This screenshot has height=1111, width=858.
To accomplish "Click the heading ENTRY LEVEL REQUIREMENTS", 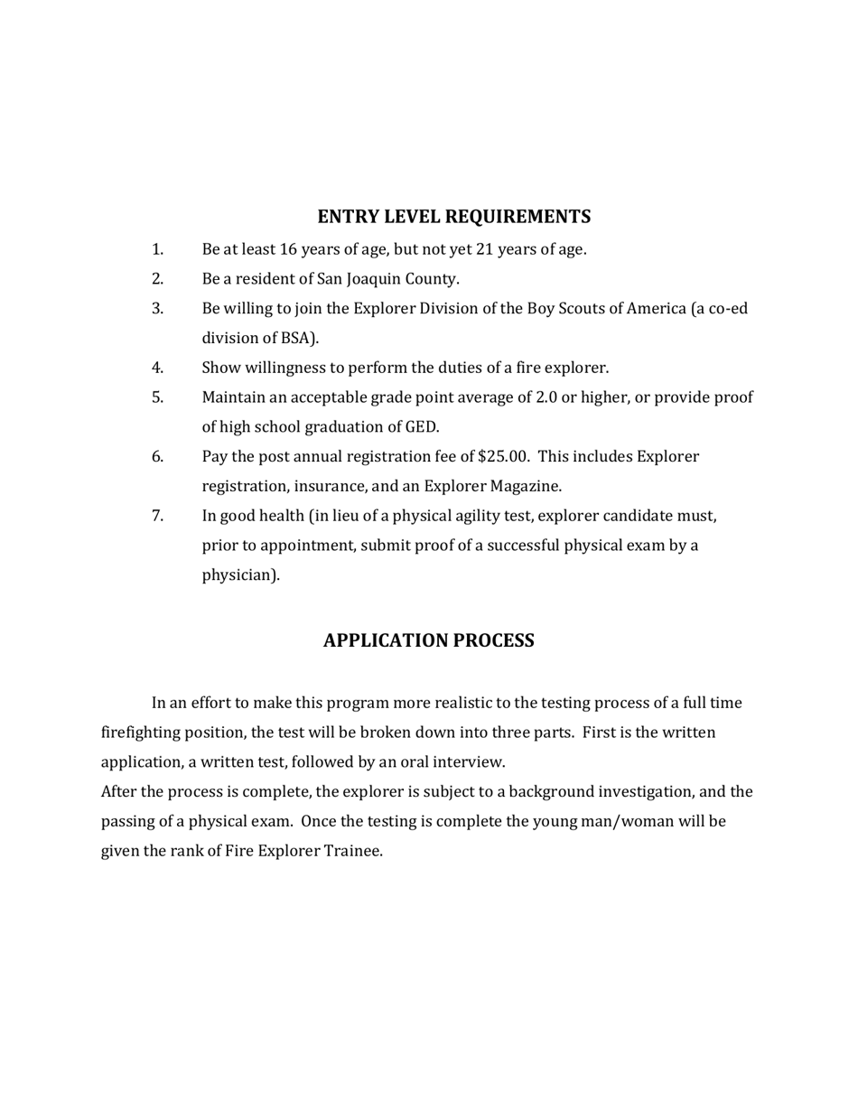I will point(454,217).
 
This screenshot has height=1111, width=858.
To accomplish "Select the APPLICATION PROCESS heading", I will point(428,640).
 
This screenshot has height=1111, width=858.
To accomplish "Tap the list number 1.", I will point(157,249).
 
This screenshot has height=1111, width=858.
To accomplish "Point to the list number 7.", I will point(157,516).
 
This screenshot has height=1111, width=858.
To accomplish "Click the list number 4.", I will point(157,368).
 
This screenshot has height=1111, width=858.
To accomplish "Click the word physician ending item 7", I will point(238,575).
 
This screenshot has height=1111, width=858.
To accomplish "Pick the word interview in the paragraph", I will point(468,762).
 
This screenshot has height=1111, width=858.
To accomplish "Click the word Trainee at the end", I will point(352,851).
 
